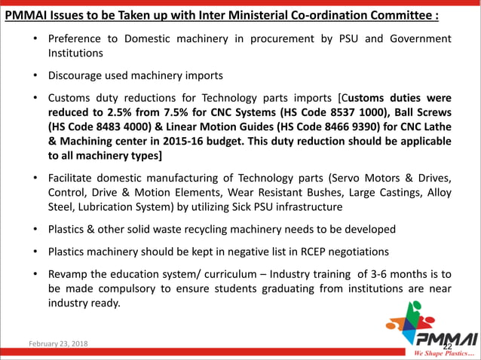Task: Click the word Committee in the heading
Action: coord(399,16)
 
